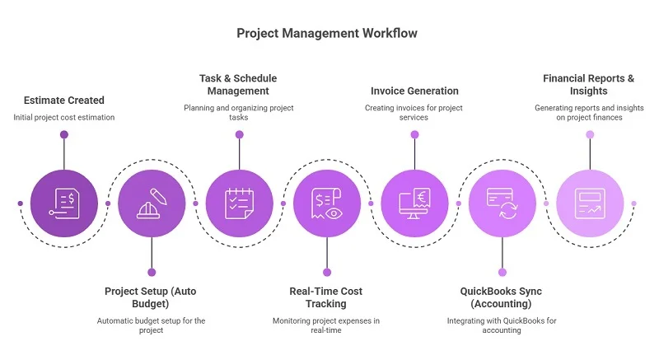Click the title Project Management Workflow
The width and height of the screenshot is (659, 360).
click(327, 33)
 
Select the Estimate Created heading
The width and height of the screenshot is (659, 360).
click(63, 101)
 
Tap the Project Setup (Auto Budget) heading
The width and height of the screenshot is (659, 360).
click(151, 297)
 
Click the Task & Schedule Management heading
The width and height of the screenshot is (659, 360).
click(239, 84)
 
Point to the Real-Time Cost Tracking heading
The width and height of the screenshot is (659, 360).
click(326, 297)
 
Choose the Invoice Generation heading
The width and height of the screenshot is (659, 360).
click(414, 91)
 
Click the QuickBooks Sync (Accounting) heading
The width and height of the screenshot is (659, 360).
click(501, 297)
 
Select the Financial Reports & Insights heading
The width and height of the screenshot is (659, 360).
click(589, 84)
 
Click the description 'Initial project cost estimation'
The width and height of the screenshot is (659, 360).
click(63, 118)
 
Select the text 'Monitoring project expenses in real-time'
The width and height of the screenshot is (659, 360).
click(326, 325)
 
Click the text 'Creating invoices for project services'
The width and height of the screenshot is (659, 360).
click(414, 113)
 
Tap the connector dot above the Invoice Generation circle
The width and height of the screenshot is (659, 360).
click(414, 135)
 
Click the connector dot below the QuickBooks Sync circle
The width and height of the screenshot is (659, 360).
click(502, 272)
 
